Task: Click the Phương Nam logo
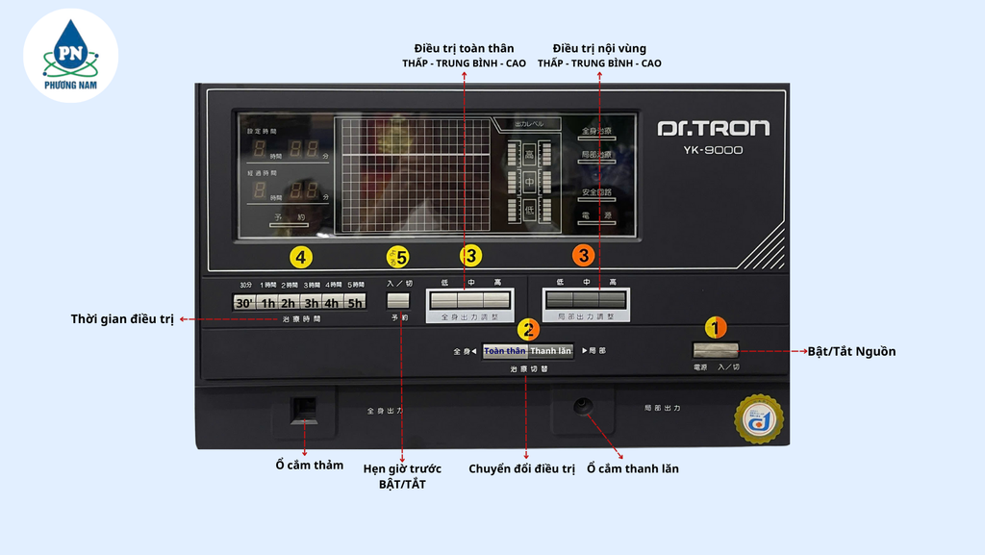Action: coord(70,56)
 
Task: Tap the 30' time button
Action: coord(244,302)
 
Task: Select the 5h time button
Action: coord(356,302)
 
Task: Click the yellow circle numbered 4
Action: coord(301,257)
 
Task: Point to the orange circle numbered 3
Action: coord(583,256)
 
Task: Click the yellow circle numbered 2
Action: coord(528,329)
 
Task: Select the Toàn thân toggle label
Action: coord(505,351)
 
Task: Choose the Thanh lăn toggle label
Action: coord(551,351)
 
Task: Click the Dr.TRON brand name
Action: coord(713,128)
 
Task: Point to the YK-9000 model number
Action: coord(713,150)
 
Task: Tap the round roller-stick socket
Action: coord(582,407)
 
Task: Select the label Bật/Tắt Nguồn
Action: coord(851,352)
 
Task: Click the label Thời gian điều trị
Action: coord(122,318)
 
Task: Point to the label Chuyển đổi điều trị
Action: coord(521,469)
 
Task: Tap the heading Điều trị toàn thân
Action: coord(464,48)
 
